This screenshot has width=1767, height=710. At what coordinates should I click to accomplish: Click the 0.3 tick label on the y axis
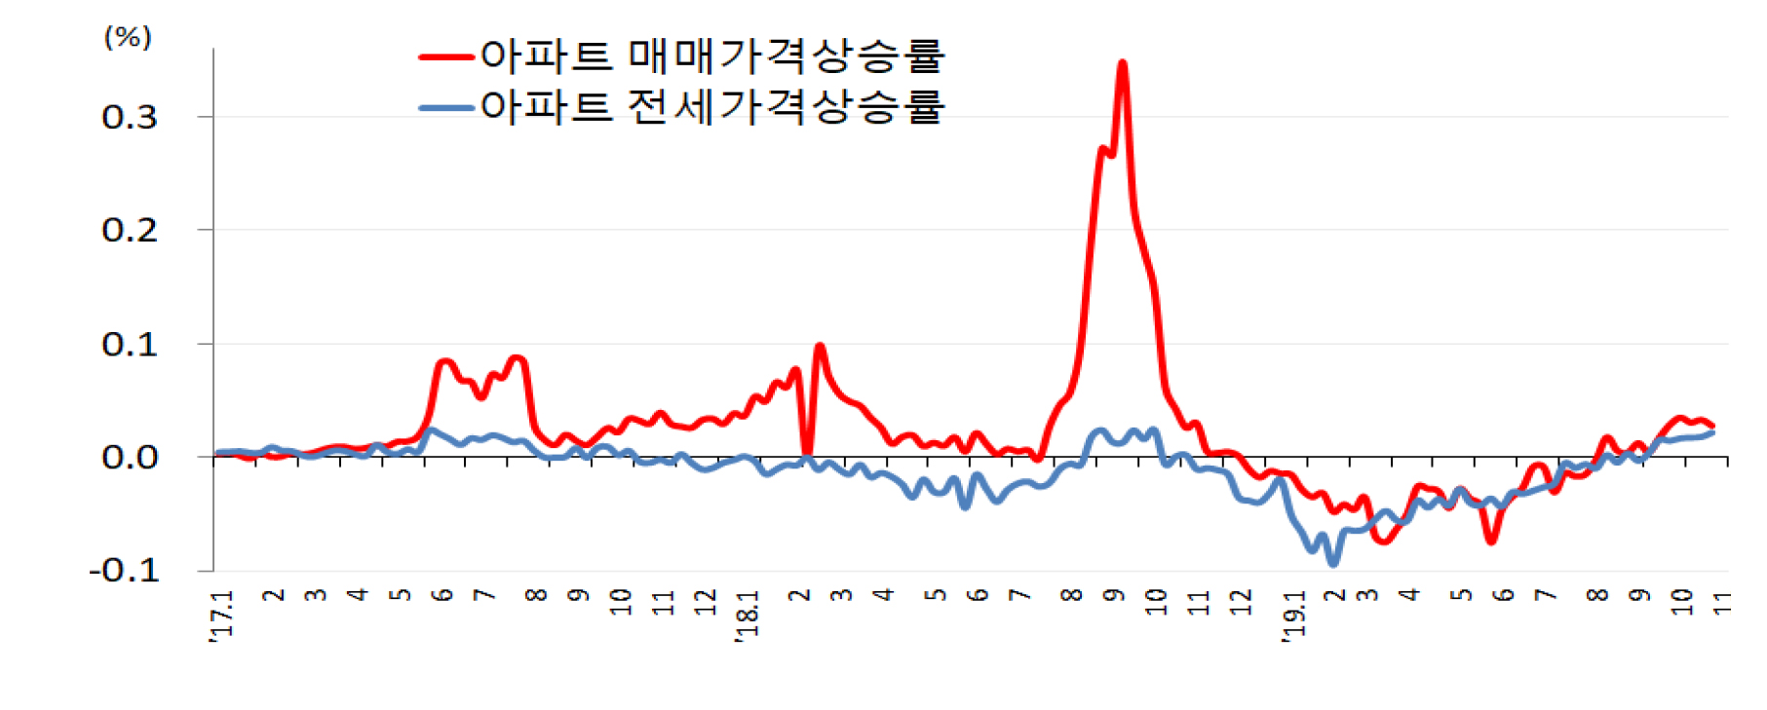click(x=130, y=118)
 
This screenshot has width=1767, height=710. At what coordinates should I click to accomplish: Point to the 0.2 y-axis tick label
click(x=130, y=231)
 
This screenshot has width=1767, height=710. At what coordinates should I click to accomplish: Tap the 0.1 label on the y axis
click(x=130, y=345)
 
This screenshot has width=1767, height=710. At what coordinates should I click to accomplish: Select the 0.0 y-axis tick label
click(x=130, y=458)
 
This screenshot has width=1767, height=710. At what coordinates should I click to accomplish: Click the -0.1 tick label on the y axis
click(x=124, y=571)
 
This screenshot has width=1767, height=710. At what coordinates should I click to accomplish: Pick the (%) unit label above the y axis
click(x=128, y=38)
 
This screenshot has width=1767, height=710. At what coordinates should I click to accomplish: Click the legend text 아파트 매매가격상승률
click(x=712, y=56)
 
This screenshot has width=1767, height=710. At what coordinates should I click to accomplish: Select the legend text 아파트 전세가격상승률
click(x=712, y=106)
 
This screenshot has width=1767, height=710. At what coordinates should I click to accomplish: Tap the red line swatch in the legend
click(x=446, y=56)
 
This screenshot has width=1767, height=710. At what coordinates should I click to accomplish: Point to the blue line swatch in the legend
click(x=446, y=107)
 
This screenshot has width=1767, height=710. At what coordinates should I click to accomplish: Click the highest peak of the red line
click(x=1123, y=64)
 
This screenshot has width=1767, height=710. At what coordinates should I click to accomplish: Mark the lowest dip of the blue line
click(x=1333, y=563)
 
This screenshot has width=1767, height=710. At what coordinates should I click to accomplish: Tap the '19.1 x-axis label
click(x=1293, y=616)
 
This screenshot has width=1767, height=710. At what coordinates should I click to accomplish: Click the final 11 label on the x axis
click(x=1722, y=603)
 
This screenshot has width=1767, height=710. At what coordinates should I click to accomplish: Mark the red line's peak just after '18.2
click(x=820, y=347)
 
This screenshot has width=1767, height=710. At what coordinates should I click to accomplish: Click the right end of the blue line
click(x=1712, y=432)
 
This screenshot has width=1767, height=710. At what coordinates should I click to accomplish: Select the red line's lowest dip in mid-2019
click(x=1491, y=540)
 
